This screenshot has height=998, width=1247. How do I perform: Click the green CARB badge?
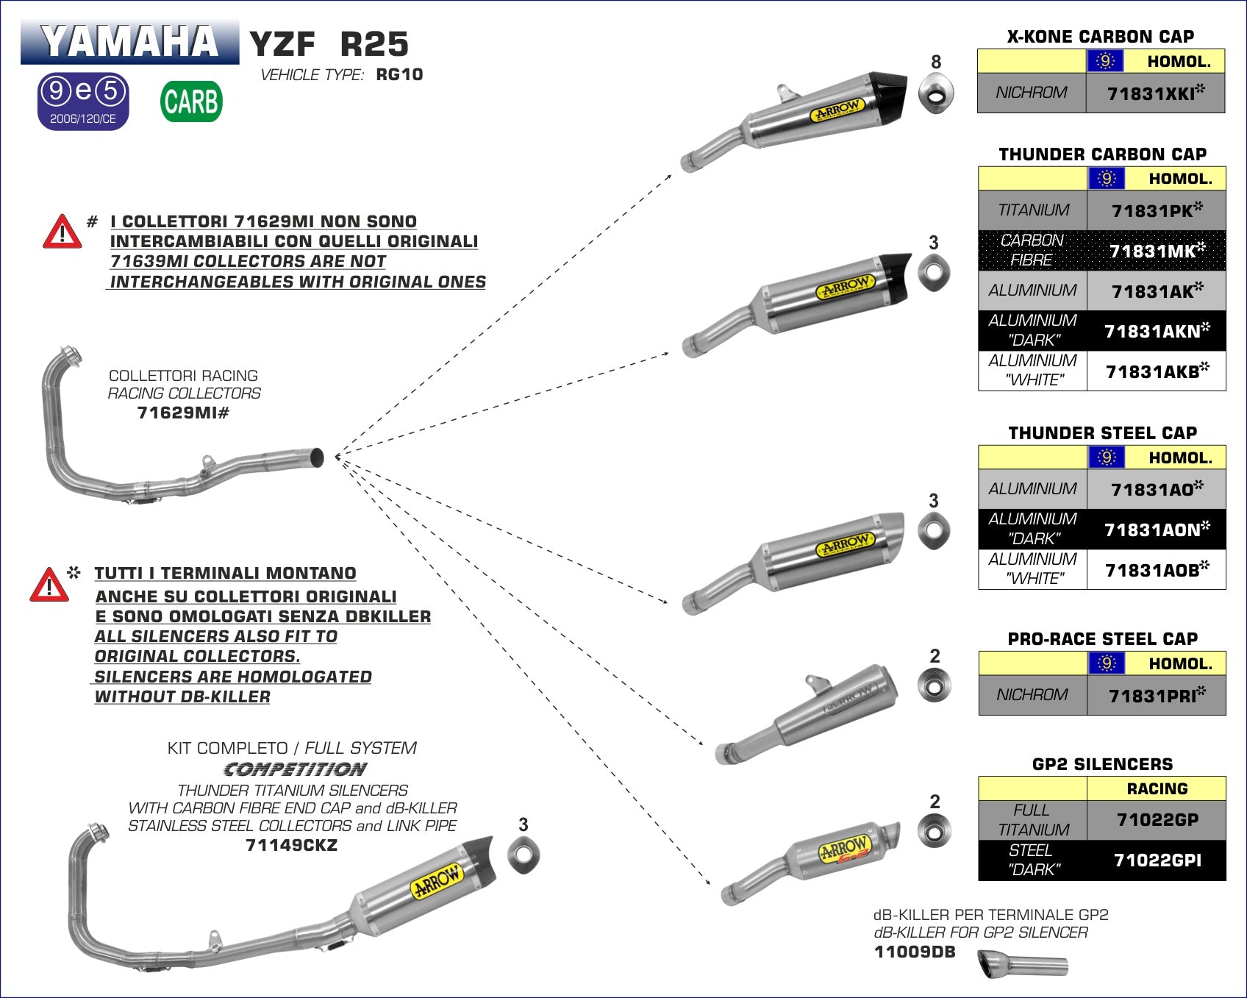191,101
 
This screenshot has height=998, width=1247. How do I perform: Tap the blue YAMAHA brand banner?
130,41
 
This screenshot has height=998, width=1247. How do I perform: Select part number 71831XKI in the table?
1155,93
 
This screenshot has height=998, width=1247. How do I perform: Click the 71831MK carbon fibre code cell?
1156,251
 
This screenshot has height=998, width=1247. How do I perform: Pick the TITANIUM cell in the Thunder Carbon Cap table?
1032,210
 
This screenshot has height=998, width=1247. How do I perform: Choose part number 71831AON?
1156,530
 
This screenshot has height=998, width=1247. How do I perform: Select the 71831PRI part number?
1156,695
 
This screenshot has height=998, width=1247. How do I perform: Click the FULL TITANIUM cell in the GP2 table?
1032,819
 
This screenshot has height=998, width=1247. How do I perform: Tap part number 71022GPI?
1157,860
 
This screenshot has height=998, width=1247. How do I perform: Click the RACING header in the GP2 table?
1157,788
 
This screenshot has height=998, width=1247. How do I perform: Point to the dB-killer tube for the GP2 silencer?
1023,964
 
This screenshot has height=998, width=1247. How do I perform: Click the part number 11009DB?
914,952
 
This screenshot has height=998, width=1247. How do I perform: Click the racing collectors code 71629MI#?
183,413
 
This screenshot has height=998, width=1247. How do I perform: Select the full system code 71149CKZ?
291,845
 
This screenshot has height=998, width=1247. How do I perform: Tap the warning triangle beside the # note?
62,232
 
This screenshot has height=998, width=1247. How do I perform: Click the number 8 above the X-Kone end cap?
935,62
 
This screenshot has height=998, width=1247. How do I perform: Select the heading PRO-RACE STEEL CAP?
1101,638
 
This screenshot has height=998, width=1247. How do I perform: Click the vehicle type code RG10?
399,74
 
